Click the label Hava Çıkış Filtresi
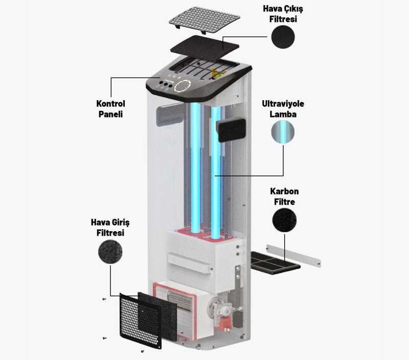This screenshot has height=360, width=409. (x=283, y=14)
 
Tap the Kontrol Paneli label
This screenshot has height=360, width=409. (x=110, y=109)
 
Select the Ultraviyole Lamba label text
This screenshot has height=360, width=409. (x=283, y=109)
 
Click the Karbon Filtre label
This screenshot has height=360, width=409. (x=284, y=196)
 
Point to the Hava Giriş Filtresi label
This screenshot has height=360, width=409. (x=110, y=228)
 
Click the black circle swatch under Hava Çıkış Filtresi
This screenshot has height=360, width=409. (x=283, y=37)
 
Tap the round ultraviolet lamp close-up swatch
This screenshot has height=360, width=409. (x=283, y=132)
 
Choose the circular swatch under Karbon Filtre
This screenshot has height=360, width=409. (x=284, y=220)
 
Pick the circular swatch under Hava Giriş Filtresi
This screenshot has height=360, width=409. (x=110, y=252)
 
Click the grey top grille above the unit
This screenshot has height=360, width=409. (x=204, y=20)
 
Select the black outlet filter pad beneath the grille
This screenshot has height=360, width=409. (x=204, y=49)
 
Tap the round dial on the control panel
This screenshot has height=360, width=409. (x=183, y=86)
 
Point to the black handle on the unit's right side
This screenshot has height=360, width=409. (x=232, y=130)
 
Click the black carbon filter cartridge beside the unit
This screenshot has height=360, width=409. (x=275, y=263)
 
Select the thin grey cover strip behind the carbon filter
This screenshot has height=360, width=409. (x=293, y=256)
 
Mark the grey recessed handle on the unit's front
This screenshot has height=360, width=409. (x=170, y=115)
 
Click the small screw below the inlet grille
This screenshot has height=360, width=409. (x=143, y=351)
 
